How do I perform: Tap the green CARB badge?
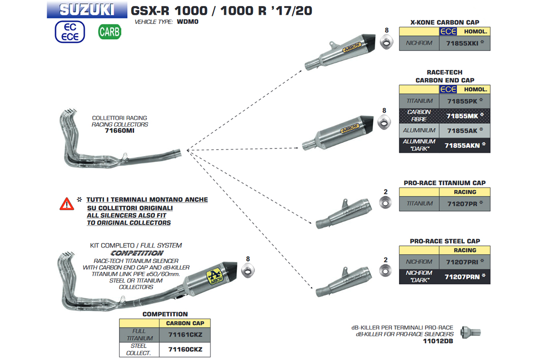tap(109, 32)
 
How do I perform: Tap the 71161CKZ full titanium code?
tap(185, 334)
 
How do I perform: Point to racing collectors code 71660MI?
tap(120, 130)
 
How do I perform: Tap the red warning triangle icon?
tap(66, 203)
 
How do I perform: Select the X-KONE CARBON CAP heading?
tap(444, 22)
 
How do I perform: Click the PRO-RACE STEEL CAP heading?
tap(444, 241)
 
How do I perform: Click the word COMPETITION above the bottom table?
tap(165, 314)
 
